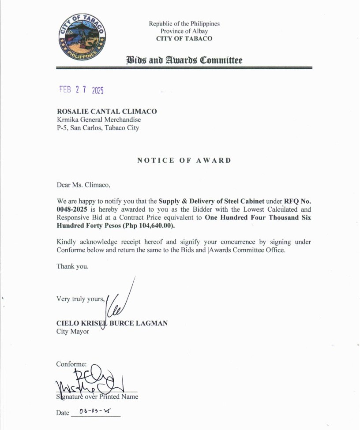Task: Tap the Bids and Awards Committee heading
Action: pos(184,60)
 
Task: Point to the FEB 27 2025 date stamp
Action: pos(81,90)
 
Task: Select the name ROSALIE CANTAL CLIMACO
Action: pos(107,112)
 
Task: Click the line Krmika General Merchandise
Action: pos(99,120)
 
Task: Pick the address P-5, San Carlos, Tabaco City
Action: pos(97,128)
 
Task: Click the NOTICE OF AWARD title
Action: pos(184,160)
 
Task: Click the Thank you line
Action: pos(72,266)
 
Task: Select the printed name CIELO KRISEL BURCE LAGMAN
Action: pos(112,323)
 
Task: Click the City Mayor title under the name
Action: pos(73,331)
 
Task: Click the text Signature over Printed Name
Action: pos(97,396)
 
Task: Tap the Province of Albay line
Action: pos(184,31)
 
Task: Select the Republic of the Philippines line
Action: pos(184,23)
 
